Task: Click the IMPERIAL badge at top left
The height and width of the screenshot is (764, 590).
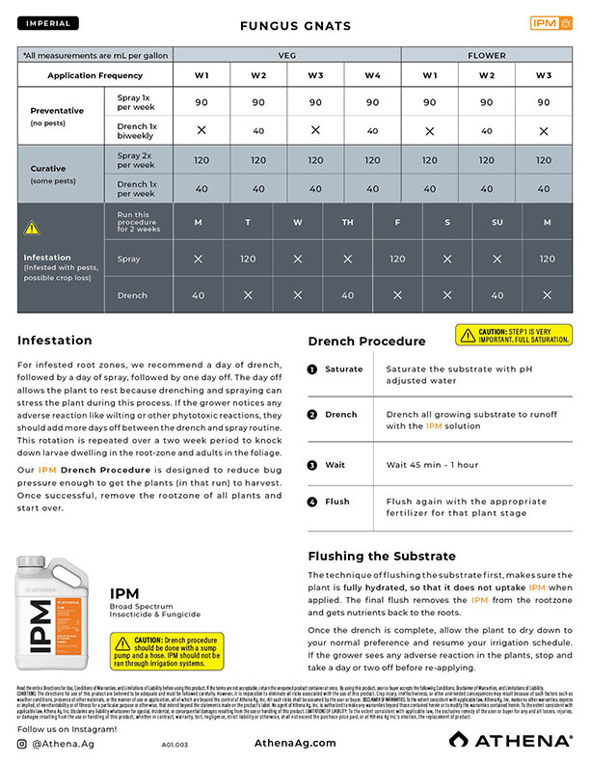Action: tap(48, 22)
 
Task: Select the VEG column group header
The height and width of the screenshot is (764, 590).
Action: tap(286, 56)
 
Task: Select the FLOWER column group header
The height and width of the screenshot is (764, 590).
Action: tap(486, 56)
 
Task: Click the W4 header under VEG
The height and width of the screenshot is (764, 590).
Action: tap(372, 76)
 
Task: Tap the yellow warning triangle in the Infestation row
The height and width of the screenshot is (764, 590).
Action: tap(32, 229)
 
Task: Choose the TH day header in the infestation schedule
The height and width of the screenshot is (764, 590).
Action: tap(347, 224)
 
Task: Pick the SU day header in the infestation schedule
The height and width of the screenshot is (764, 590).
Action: tap(497, 224)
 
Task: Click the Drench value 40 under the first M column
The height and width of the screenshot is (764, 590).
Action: tap(199, 295)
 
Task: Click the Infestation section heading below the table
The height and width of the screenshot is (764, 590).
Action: tap(54, 341)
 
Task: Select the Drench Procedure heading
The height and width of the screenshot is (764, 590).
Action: tap(366, 341)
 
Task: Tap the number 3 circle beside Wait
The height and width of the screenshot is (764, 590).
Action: tap(312, 465)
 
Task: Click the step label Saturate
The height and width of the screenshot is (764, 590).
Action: tap(343, 369)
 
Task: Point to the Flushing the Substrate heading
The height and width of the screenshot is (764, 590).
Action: tap(383, 557)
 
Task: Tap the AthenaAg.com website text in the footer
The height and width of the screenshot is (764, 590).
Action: tap(295, 743)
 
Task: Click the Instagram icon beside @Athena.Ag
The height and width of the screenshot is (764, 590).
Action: tap(23, 743)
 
